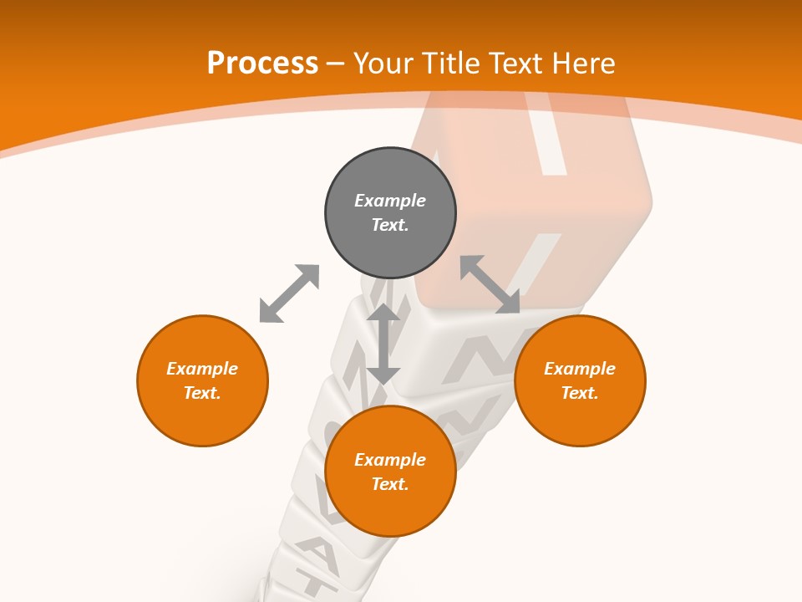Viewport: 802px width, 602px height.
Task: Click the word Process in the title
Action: tap(262, 64)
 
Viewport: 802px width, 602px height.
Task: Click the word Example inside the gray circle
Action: tap(390, 201)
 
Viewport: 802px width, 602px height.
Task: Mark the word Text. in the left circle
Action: tap(202, 393)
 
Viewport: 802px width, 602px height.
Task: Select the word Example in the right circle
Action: tap(580, 369)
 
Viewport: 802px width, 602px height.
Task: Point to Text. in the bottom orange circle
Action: tap(390, 484)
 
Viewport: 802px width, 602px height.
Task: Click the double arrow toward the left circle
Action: tap(289, 293)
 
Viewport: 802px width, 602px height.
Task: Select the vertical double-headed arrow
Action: tap(383, 344)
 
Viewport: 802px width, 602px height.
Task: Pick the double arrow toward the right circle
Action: tap(490, 284)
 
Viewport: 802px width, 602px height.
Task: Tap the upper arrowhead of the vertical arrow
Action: tap(383, 313)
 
